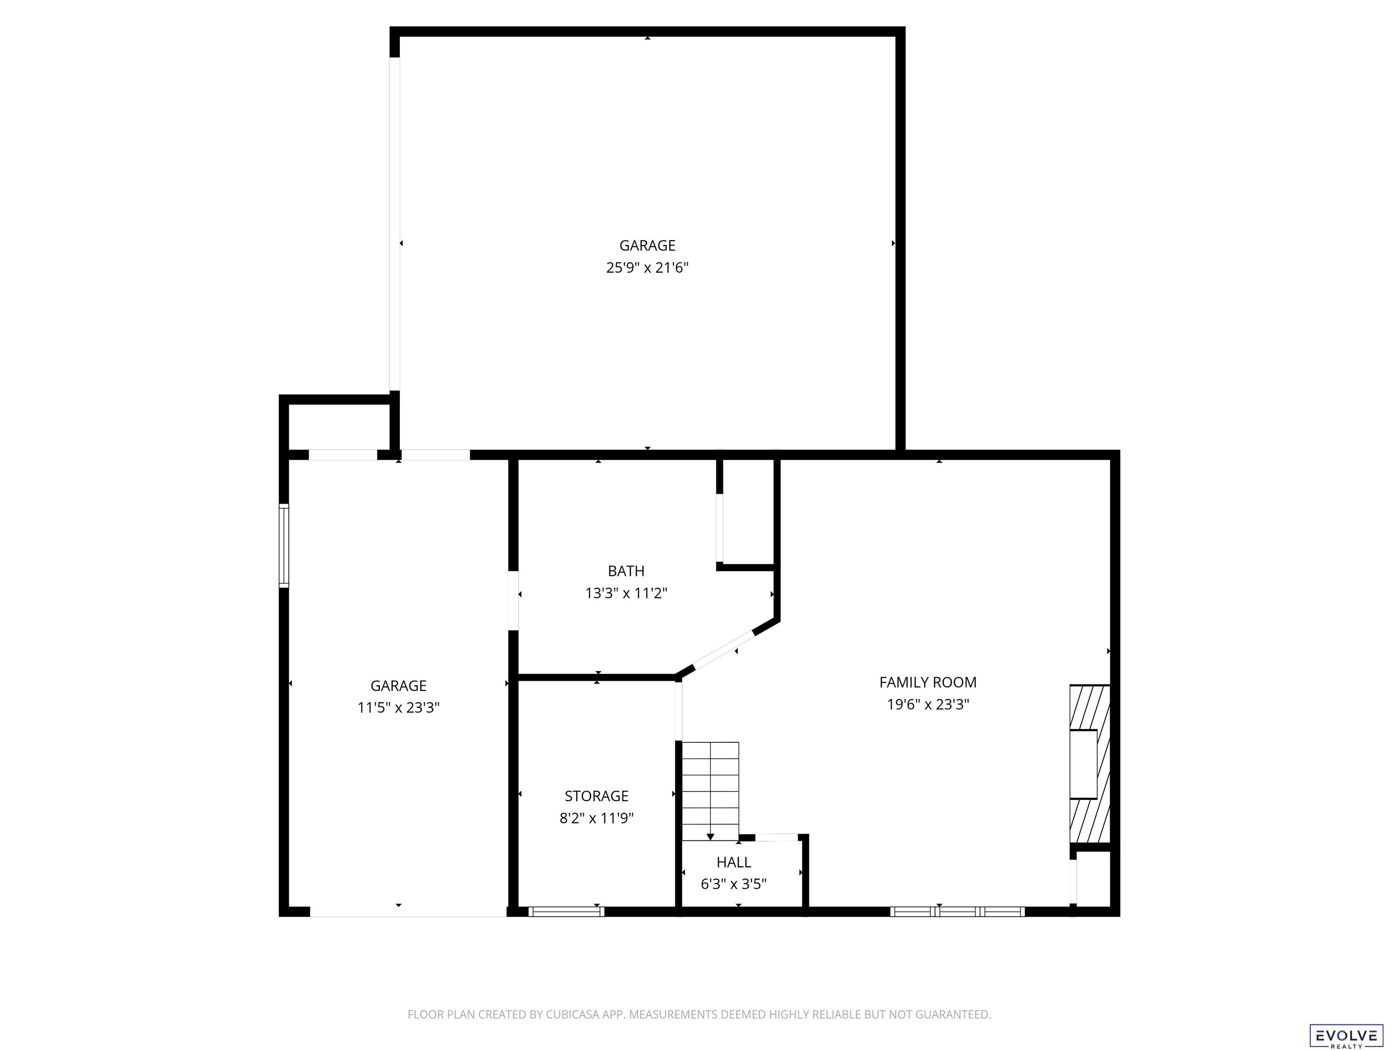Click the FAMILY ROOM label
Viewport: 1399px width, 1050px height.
928,682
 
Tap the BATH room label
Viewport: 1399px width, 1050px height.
626,571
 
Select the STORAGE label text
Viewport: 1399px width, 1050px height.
597,796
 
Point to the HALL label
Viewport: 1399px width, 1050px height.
734,862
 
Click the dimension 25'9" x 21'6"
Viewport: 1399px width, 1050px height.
647,268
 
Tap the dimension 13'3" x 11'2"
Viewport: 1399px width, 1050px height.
626,593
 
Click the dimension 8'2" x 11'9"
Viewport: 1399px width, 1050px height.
597,818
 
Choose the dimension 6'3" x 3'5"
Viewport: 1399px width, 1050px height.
734,884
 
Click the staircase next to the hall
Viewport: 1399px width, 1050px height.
710,791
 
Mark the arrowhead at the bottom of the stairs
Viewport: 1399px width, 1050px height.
710,837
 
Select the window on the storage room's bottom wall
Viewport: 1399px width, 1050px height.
566,911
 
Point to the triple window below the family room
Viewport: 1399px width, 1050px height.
958,911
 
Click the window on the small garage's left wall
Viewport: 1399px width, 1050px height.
284,546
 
